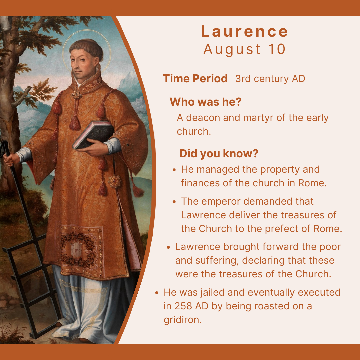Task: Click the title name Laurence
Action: point(244,31)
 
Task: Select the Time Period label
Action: point(195,79)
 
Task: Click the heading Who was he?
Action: point(205,102)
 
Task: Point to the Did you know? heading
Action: point(219,153)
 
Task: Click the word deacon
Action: point(203,118)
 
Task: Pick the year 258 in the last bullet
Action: point(183,306)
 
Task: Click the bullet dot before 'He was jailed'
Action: point(157,293)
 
